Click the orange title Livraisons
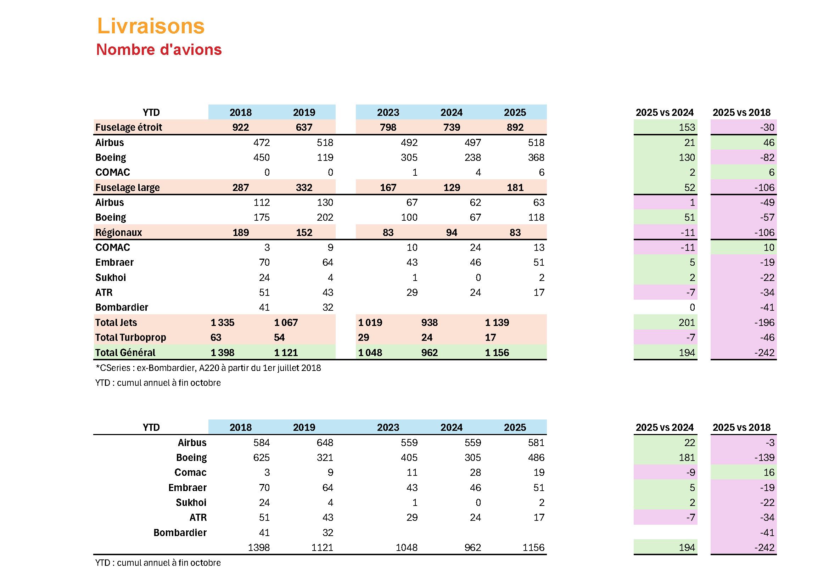(x=151, y=26)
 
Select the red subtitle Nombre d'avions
(x=159, y=50)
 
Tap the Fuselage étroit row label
(x=129, y=128)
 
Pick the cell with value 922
(x=240, y=128)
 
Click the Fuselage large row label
(x=127, y=188)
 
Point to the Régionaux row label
(x=118, y=232)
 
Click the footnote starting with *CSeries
(x=208, y=368)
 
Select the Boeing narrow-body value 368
(x=536, y=158)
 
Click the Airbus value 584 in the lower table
(x=261, y=443)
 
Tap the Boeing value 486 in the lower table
(x=536, y=457)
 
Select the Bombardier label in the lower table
(x=180, y=533)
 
